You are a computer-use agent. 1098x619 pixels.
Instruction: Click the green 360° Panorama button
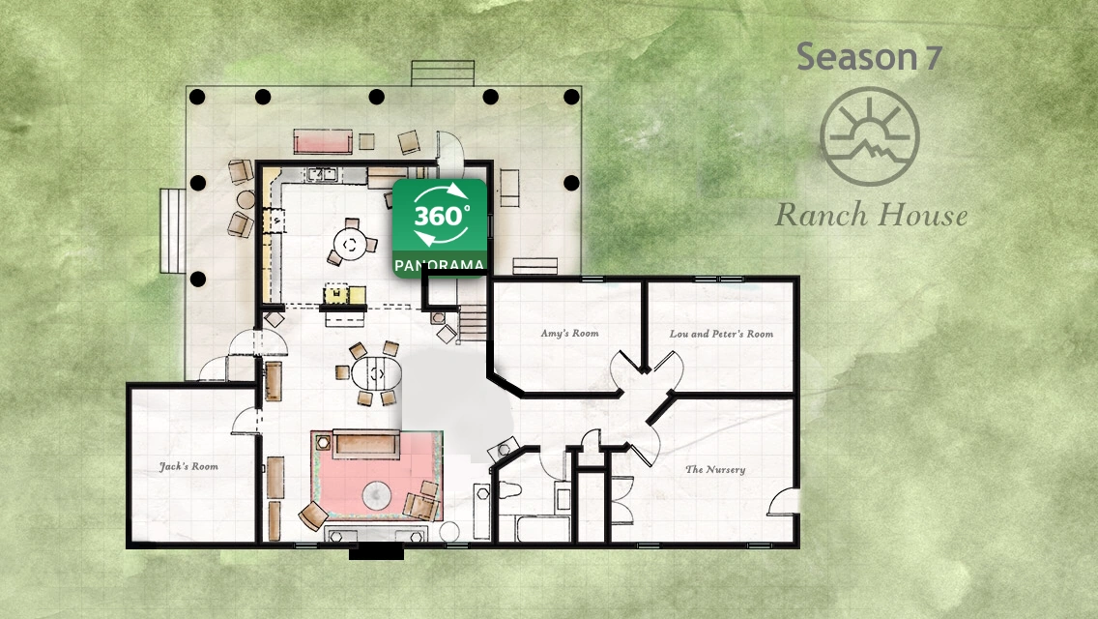[439, 228]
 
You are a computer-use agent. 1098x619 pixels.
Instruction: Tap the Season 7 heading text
[869, 56]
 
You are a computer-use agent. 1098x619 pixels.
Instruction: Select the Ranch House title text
[871, 215]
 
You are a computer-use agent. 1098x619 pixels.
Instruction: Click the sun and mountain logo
[869, 136]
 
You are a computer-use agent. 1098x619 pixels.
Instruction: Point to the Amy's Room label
[569, 333]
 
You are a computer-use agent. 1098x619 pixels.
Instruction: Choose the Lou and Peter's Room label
[721, 334]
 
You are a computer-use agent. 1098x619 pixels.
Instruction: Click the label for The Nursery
[715, 469]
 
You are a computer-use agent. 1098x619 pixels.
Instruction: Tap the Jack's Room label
[188, 466]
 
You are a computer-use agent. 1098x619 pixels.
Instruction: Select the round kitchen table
[350, 245]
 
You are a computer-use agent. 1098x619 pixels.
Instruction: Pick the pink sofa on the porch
[322, 141]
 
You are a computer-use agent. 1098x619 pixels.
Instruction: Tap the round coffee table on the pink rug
[378, 496]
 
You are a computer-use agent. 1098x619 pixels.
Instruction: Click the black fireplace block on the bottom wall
[376, 552]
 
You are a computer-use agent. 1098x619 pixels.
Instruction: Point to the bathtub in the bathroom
[542, 527]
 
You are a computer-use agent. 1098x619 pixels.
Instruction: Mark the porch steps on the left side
[172, 230]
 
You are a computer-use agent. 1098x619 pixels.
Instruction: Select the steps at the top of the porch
[443, 73]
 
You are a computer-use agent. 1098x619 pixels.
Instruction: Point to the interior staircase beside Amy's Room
[474, 323]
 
